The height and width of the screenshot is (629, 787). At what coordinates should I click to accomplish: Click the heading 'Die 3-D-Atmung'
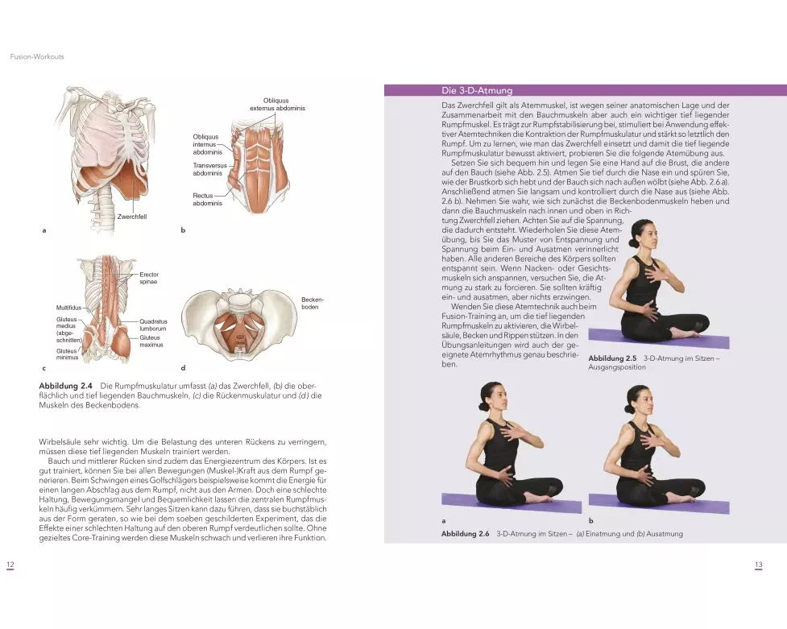tap(477, 90)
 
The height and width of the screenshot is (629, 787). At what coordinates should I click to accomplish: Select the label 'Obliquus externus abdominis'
tap(277, 104)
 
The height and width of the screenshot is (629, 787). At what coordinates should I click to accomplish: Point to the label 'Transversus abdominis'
tap(207, 169)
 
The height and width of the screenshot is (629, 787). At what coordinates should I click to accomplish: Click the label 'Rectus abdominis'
tap(207, 199)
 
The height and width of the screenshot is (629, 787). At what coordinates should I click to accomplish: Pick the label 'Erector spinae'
tap(149, 279)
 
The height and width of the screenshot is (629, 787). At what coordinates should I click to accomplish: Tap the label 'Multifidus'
tap(69, 308)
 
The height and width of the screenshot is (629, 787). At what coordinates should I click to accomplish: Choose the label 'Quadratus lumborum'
tap(153, 325)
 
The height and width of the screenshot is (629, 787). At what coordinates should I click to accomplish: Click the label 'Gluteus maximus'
tap(151, 341)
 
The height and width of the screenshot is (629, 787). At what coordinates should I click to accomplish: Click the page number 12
tap(10, 565)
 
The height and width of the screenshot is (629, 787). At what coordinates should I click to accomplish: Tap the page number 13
tap(758, 565)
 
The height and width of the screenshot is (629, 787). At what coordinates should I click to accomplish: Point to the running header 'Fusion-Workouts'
tap(36, 57)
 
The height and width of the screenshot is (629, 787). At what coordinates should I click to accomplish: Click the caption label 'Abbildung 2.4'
tap(66, 387)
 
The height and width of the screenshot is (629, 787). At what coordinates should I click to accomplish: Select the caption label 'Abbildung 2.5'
tap(612, 358)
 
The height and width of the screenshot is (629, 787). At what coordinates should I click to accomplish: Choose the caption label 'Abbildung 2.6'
tap(466, 534)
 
